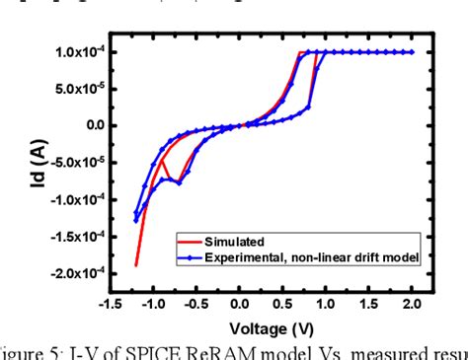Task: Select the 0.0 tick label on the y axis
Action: click(94, 125)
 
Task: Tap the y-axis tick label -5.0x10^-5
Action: click(75, 162)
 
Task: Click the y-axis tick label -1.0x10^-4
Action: click(75, 199)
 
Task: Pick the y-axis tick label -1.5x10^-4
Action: click(75, 236)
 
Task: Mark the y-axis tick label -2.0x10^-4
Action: click(75, 273)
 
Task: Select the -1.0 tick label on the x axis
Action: click(153, 305)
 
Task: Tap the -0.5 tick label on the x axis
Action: click(196, 305)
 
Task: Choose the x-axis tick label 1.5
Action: click(370, 305)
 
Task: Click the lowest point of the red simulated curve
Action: click(136, 265)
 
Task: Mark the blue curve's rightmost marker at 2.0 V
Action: click(413, 51)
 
